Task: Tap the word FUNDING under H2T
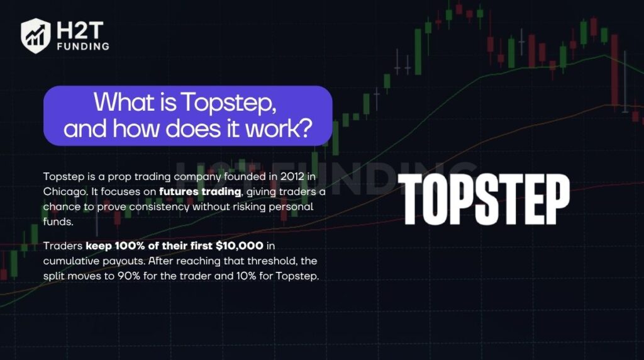click(x=82, y=46)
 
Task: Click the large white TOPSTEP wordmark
click(x=484, y=199)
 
